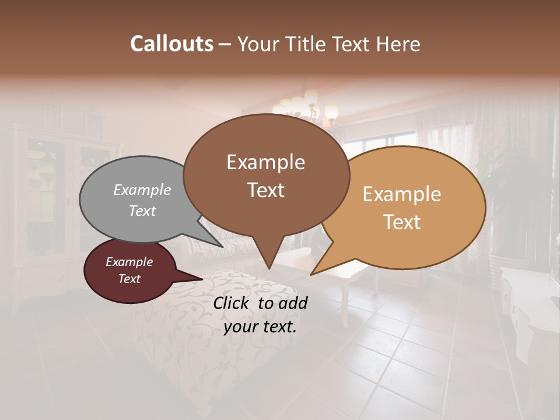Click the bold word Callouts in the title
click(x=171, y=44)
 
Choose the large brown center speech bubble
click(x=266, y=175)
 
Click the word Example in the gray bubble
click(x=142, y=190)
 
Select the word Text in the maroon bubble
click(x=129, y=279)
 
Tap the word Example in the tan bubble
click(x=402, y=194)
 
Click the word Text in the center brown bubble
click(x=266, y=190)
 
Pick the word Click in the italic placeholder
click(x=232, y=303)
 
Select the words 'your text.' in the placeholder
click(x=260, y=327)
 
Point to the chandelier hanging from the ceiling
click(x=306, y=108)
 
